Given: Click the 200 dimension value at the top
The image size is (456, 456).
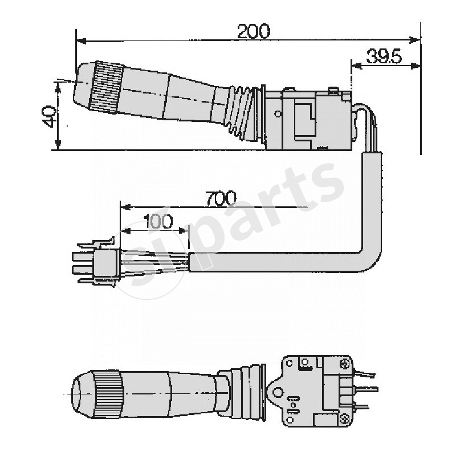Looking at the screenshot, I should (x=253, y=31).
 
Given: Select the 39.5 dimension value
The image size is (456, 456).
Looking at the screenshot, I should (x=384, y=56).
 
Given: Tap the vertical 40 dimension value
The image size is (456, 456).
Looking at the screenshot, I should (x=49, y=116).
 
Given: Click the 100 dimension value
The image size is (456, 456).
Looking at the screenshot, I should (x=157, y=222).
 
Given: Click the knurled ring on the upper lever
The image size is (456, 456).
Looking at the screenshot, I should (x=107, y=88).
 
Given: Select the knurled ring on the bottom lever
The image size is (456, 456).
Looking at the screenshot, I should (x=108, y=394).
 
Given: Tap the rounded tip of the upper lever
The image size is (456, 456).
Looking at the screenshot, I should (x=82, y=85).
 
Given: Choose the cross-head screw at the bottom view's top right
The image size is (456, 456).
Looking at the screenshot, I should (x=344, y=363).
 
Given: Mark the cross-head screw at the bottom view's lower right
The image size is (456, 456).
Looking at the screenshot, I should (x=344, y=419).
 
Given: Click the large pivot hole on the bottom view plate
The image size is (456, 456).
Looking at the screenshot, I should (x=279, y=391).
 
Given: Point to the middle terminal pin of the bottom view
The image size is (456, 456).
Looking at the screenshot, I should (x=365, y=390).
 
